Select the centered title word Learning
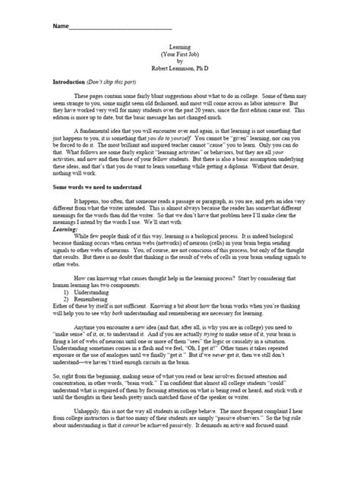180,47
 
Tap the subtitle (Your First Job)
180,54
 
